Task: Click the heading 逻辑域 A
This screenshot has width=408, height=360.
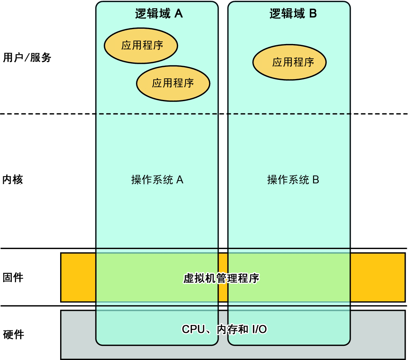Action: [156, 14]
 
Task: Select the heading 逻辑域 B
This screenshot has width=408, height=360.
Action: [293, 14]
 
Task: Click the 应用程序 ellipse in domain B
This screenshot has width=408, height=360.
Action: [289, 62]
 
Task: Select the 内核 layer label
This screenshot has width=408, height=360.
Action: [13, 180]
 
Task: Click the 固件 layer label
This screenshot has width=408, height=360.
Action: [13, 277]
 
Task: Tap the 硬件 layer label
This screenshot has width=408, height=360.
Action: [13, 334]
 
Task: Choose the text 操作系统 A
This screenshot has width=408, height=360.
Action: [157, 180]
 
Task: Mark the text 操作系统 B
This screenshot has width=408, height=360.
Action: [293, 180]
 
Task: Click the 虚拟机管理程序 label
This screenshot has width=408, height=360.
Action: [221, 278]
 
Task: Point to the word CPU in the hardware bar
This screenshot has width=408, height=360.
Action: [193, 329]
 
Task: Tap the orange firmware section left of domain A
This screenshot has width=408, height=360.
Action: [78, 277]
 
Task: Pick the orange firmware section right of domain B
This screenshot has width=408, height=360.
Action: [377, 277]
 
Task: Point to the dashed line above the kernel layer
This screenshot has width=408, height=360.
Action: [47, 114]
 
